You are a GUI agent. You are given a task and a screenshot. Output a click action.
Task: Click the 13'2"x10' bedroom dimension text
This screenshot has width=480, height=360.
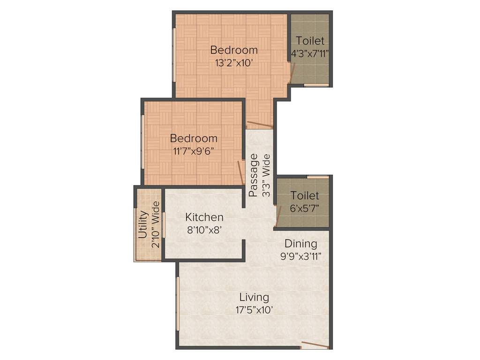click(x=234, y=63)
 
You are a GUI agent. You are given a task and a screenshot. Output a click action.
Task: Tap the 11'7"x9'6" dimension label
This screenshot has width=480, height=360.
click(x=194, y=151)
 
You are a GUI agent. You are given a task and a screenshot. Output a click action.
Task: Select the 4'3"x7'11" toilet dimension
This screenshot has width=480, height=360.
click(x=310, y=53)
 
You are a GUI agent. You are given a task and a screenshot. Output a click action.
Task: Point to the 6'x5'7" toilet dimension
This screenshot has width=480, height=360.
click(x=304, y=208)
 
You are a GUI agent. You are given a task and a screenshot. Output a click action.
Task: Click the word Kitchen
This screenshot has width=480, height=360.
click(x=204, y=217)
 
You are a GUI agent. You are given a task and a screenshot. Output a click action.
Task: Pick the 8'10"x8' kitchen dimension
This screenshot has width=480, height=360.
click(x=203, y=230)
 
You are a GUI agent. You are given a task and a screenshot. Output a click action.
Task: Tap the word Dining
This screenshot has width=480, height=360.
click(x=301, y=244)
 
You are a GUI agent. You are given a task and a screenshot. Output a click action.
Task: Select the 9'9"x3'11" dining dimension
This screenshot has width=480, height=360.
click(x=301, y=256)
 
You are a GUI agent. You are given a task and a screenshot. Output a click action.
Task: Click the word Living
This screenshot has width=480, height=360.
click(x=254, y=297)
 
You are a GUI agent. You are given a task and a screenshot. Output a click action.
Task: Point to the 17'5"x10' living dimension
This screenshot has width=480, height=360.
click(x=255, y=310)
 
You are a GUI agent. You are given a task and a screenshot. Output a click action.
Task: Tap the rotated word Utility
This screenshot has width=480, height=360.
click(x=144, y=225)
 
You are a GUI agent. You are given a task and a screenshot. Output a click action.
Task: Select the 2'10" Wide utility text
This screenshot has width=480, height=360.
click(x=156, y=225)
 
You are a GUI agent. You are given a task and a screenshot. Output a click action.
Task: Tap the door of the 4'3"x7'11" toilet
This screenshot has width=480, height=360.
click(x=293, y=72)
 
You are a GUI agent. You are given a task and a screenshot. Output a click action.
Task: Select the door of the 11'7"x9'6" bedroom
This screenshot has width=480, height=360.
click(x=240, y=172)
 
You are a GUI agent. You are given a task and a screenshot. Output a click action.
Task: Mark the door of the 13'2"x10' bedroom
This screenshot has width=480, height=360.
click(x=260, y=125)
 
